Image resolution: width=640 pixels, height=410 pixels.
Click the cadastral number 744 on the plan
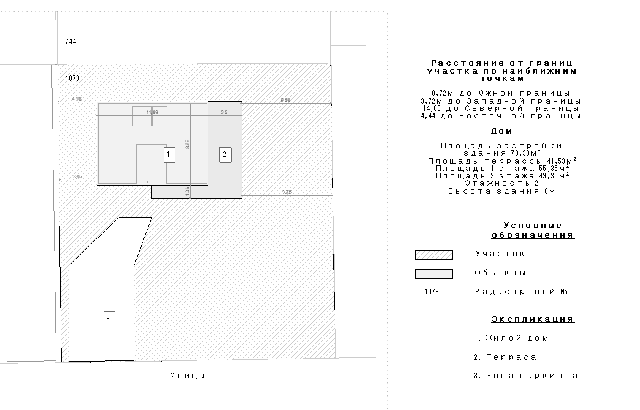click(x=70, y=42)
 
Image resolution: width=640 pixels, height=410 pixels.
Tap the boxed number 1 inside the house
click(x=168, y=155)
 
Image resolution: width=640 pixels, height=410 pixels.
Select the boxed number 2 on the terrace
click(x=225, y=154)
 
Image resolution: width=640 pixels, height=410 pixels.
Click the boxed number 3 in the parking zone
click(x=109, y=319)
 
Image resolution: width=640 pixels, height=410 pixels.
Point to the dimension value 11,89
click(x=152, y=112)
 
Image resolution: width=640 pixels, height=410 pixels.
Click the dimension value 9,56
click(x=286, y=100)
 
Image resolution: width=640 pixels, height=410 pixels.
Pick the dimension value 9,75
click(x=287, y=192)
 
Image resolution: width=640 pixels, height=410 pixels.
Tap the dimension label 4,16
click(x=77, y=99)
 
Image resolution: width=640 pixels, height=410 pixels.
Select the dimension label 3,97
click(x=78, y=177)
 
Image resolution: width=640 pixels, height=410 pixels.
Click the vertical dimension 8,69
click(x=188, y=145)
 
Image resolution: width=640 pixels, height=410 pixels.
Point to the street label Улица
click(x=188, y=376)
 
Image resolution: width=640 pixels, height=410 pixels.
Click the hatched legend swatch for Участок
click(x=433, y=255)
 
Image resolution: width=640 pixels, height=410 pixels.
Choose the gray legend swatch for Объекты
click(x=433, y=274)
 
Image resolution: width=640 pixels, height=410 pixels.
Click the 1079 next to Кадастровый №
click(x=432, y=292)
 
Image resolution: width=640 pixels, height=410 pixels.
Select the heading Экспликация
click(x=533, y=319)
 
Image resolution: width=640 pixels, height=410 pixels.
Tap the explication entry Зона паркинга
click(x=526, y=376)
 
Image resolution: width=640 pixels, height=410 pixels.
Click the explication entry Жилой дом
click(x=511, y=338)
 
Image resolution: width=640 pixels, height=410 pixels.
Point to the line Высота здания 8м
click(x=501, y=191)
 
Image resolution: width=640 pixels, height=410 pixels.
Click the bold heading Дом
click(x=501, y=131)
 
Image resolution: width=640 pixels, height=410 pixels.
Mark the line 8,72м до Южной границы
click(x=501, y=93)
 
